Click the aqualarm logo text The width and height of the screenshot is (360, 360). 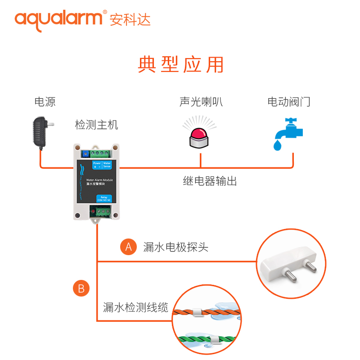point(59,19)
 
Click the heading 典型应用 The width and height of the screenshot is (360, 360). point(180,64)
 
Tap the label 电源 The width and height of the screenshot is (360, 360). point(45,102)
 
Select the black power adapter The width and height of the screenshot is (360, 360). point(41,130)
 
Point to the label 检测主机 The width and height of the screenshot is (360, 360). point(96,125)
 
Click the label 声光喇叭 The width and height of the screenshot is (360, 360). point(201,102)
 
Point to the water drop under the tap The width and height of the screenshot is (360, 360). point(278,145)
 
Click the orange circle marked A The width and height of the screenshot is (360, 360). point(128,247)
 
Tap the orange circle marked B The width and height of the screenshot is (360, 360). point(81,288)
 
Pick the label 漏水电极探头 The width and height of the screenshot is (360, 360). point(175,247)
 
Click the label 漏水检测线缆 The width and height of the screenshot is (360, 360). point(135,308)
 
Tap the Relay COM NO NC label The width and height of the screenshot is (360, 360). point(103,198)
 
